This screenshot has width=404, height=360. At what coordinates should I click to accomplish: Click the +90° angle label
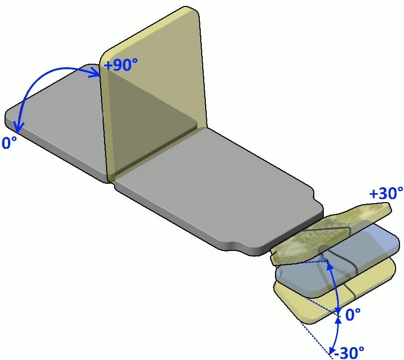[x=121, y=64]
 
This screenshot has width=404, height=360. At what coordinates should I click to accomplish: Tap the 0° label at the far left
[x=9, y=142]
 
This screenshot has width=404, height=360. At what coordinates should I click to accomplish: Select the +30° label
[x=386, y=193]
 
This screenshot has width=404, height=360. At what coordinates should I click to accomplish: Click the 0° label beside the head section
[x=353, y=314]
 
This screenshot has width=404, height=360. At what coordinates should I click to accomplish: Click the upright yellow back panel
[x=153, y=93]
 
